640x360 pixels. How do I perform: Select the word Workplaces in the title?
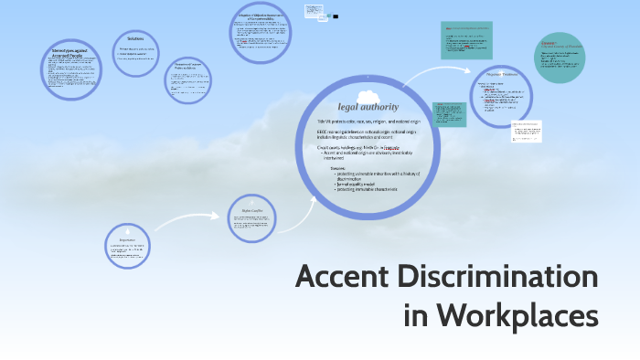click(516, 317)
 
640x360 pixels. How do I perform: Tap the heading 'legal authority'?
click(368, 109)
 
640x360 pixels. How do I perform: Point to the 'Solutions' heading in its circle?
click(136, 39)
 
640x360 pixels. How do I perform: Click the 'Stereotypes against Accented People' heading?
click(69, 54)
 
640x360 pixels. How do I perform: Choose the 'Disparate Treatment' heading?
click(502, 76)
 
